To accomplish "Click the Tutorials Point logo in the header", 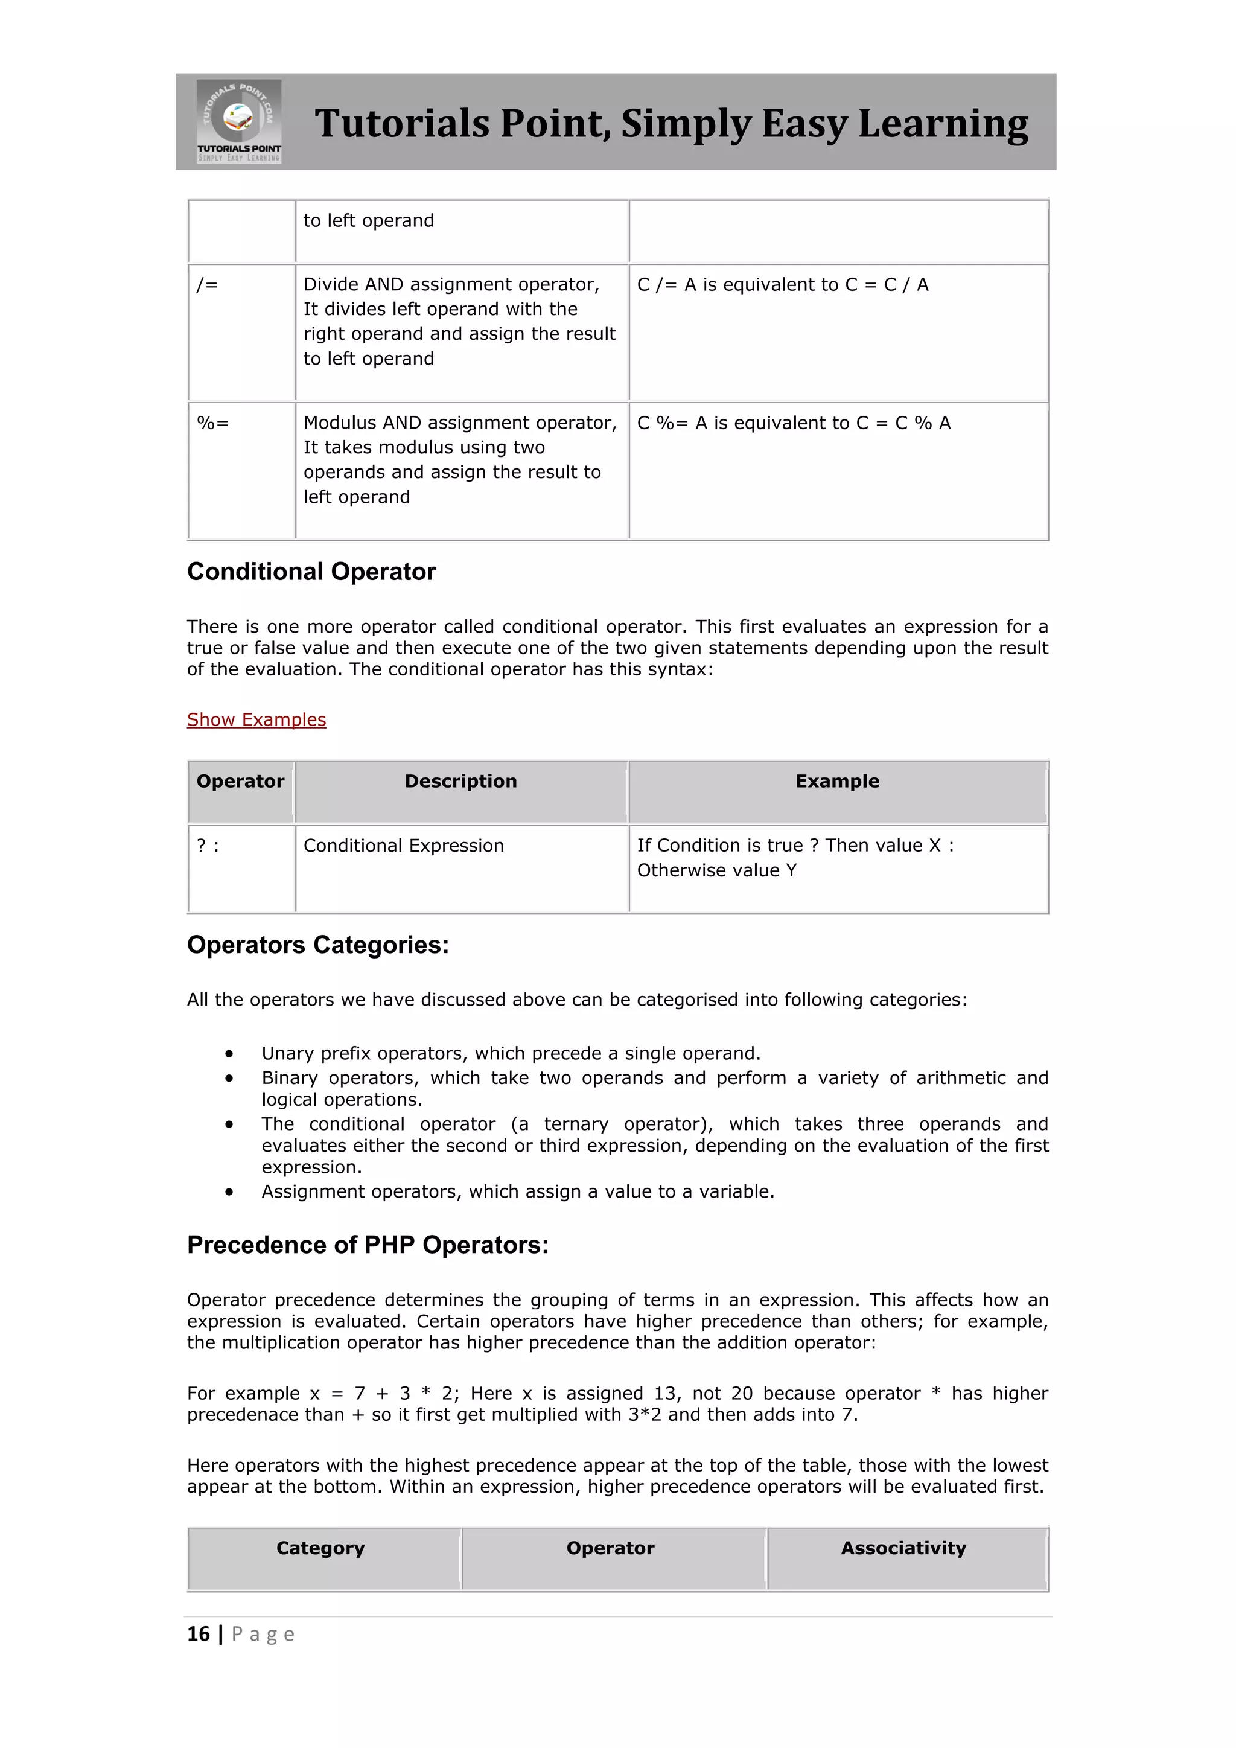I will click(x=239, y=121).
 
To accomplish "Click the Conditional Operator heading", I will click(x=311, y=572).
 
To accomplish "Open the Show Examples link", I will click(x=256, y=719).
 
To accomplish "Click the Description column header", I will click(x=460, y=781).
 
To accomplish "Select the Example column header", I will click(x=837, y=781).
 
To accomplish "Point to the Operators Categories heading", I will click(x=318, y=945).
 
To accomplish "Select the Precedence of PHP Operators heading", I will click(x=368, y=1245).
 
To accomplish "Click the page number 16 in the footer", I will click(x=199, y=1634).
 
